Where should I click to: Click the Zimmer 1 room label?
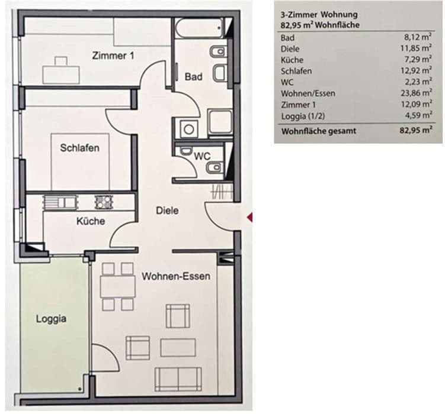pos(113,56)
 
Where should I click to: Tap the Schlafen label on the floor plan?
pos(79,148)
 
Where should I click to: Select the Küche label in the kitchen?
pos(91,221)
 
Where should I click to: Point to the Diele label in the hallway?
pos(167,211)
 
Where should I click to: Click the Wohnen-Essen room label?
pos(176,276)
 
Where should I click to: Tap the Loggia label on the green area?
pos(51,319)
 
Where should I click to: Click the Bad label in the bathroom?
pos(193,77)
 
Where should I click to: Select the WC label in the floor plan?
pos(203,157)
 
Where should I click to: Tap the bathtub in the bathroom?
pos(199,27)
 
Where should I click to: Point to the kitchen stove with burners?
pos(104,202)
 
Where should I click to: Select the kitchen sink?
pos(59,202)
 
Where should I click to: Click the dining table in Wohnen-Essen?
pos(117,287)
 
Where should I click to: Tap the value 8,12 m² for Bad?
pos(416,37)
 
